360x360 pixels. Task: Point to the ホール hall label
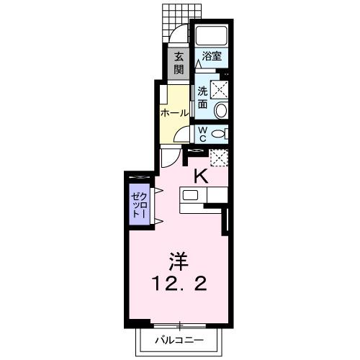tap(175, 113)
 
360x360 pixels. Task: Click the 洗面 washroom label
tap(203, 98)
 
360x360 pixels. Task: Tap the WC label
tap(202, 134)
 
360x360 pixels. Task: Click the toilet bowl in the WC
tap(220, 133)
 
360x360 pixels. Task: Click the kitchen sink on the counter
tap(192, 195)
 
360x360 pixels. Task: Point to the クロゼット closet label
tap(138, 206)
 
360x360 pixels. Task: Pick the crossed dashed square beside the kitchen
tap(217, 156)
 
